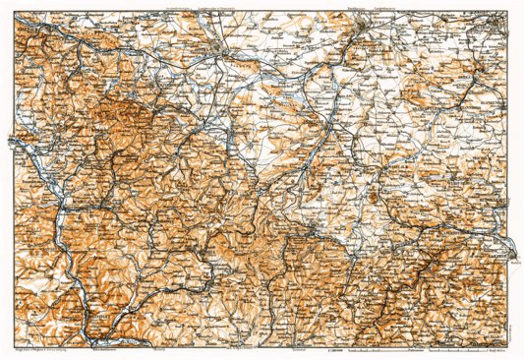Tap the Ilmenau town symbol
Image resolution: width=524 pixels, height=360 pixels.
point(313,230)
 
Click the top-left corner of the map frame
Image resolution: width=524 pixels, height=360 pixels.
point(13,14)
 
